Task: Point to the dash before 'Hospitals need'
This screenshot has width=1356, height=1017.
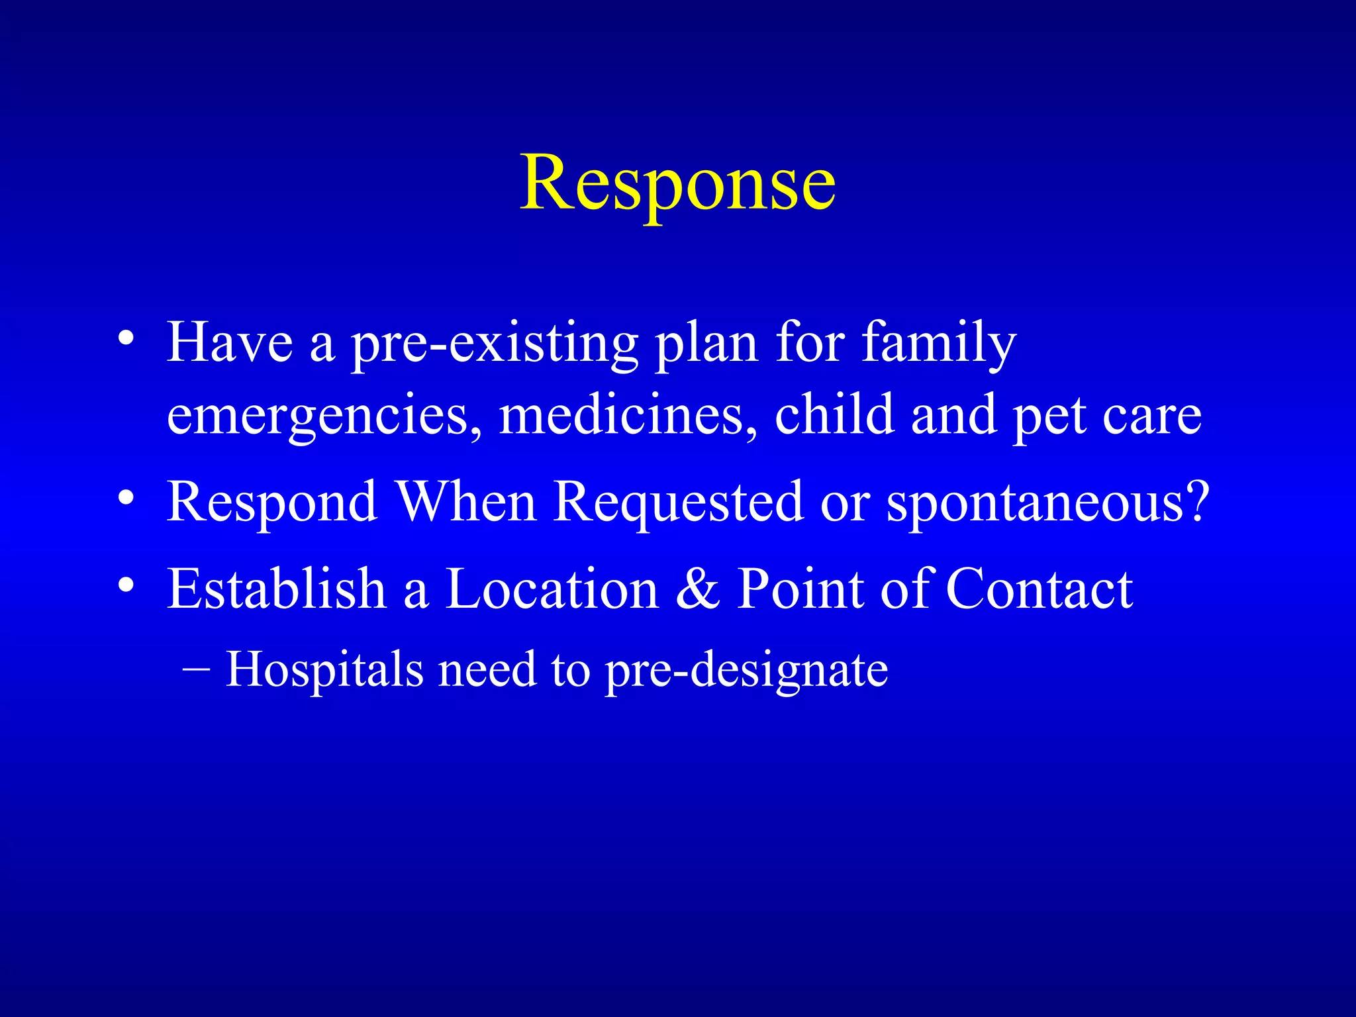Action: pyautogui.click(x=195, y=669)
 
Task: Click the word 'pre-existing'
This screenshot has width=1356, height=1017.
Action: pyautogui.click(x=494, y=344)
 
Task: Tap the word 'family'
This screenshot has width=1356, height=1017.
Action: pyautogui.click(x=938, y=344)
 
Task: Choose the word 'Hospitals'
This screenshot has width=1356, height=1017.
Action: pyautogui.click(x=324, y=670)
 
